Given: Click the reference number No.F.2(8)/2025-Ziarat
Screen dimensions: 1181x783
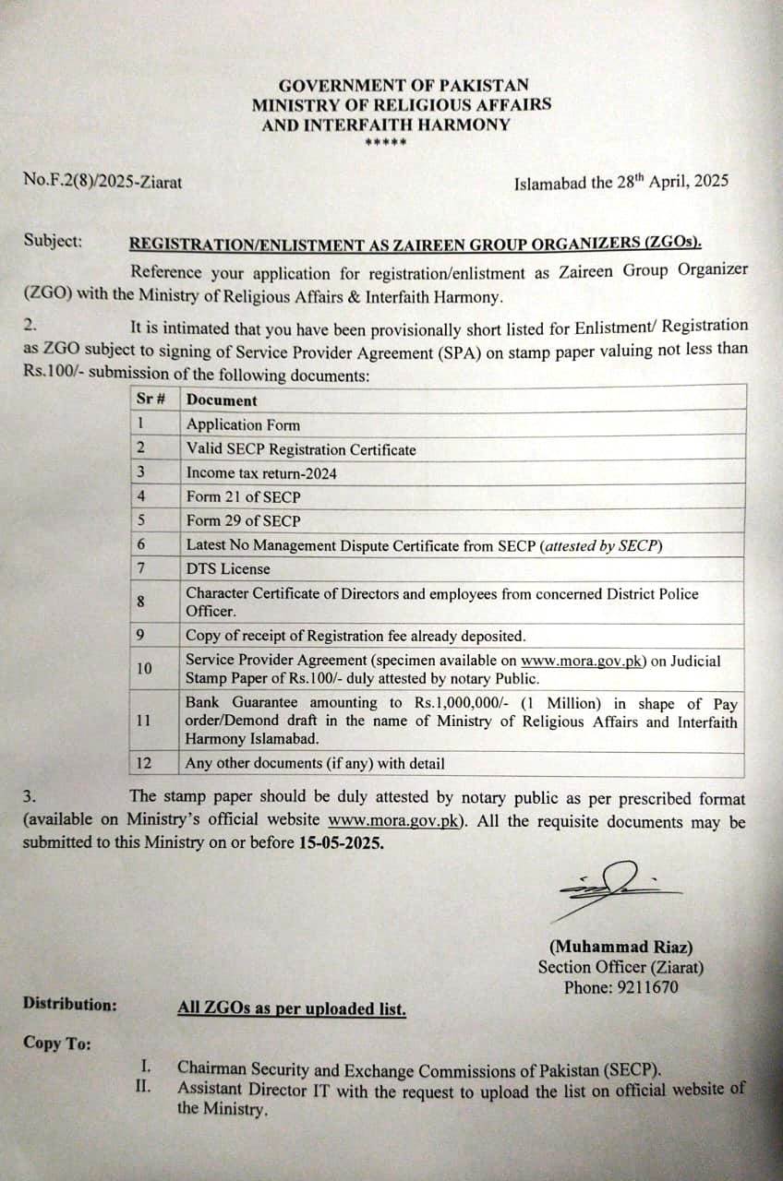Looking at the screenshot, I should [x=102, y=182].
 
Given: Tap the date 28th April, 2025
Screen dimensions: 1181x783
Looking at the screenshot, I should [x=659, y=181].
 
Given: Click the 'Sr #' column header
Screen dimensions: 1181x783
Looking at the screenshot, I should [x=151, y=400].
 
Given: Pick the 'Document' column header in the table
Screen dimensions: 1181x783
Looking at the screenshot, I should [x=222, y=400].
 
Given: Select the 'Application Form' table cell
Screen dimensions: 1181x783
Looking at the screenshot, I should [x=243, y=424].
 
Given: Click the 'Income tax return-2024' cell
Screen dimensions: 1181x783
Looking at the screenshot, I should [x=261, y=472].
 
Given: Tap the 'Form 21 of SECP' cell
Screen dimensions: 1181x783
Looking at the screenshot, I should [x=243, y=496].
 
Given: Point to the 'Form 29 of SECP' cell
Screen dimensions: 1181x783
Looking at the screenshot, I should [x=243, y=520].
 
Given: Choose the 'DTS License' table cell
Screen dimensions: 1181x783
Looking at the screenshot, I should [x=228, y=569].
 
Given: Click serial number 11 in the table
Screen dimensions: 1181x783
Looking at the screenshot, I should [x=143, y=721].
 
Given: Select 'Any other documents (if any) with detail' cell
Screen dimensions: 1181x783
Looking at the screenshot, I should [x=315, y=763].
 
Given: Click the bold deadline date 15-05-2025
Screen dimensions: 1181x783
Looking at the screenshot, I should [x=341, y=842].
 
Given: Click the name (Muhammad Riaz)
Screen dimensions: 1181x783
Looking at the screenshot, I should [x=621, y=947].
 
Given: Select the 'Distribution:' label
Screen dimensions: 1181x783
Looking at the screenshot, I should [x=70, y=1004].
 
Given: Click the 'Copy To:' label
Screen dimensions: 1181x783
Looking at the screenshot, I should [x=57, y=1043].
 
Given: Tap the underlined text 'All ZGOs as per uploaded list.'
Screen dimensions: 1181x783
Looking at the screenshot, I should [x=292, y=1008].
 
